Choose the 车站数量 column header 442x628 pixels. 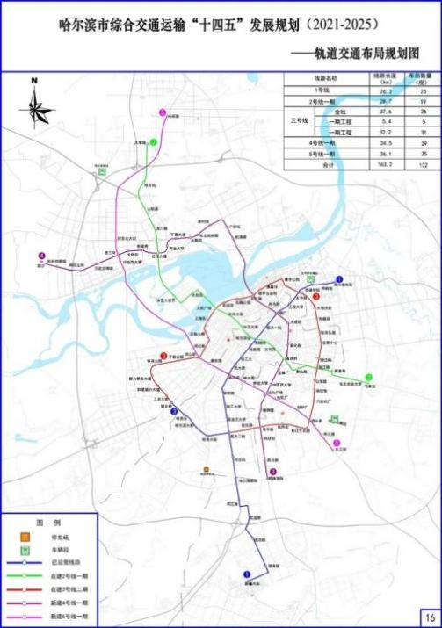422,79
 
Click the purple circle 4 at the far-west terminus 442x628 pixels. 41,256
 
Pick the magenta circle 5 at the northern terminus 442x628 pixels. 163,112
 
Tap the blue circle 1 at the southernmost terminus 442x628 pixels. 247,574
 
